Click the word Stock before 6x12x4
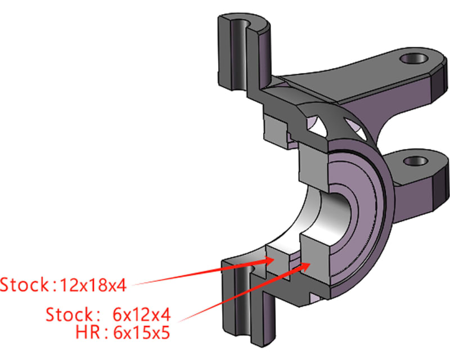[70, 313]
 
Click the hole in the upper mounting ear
[413, 58]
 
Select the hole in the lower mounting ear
[416, 160]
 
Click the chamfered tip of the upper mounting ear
[436, 79]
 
